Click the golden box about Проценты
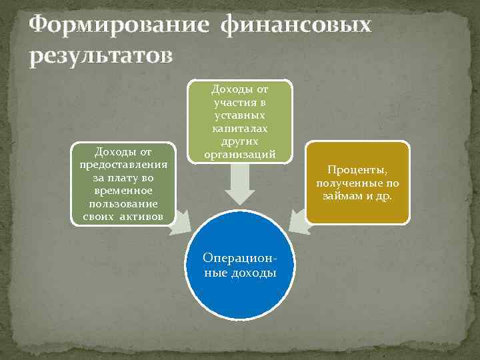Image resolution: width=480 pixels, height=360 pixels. pos(357,183)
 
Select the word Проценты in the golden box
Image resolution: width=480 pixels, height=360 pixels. pos(357,170)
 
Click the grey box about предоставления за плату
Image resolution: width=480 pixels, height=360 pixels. pos(123,183)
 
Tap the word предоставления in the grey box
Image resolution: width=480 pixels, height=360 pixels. pos(123,165)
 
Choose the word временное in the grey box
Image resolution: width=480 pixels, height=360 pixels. pos(123,190)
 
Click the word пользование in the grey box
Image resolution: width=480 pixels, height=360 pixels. pos(123,203)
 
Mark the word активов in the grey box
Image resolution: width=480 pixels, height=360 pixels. pos(145,215)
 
